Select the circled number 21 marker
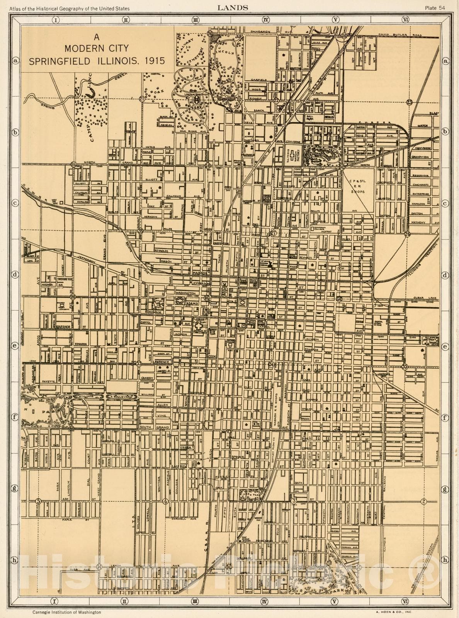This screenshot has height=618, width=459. point(143,99)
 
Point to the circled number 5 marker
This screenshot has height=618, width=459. point(38,501)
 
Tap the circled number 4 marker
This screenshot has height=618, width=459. point(165,501)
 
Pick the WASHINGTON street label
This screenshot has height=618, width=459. point(185,293)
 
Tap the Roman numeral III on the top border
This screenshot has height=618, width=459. point(195,19)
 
